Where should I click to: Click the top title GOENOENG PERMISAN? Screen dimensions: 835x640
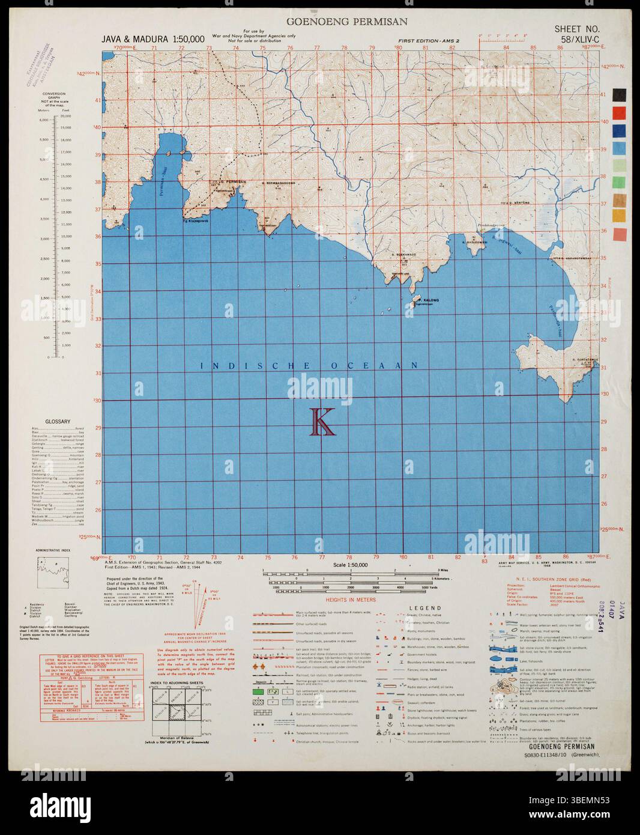click(x=348, y=22)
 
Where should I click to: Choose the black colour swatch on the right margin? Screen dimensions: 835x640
click(x=620, y=95)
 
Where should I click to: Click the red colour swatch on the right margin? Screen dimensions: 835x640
click(x=620, y=112)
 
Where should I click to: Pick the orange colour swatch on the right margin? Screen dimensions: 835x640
click(x=620, y=216)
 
